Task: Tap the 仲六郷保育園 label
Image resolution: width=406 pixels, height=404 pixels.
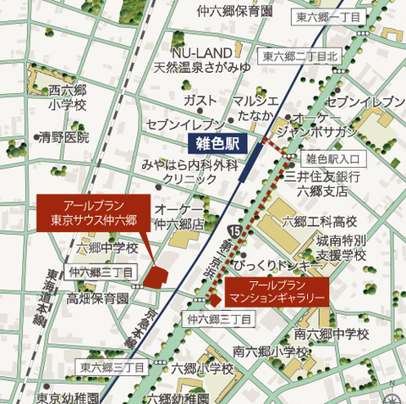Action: click(235, 12)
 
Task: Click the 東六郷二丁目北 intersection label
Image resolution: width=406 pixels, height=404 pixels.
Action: click(300, 57)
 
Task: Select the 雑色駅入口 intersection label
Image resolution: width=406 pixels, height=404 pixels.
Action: click(332, 158)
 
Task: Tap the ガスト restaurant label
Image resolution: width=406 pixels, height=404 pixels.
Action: click(200, 100)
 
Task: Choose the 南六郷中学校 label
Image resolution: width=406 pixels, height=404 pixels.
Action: click(332, 334)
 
